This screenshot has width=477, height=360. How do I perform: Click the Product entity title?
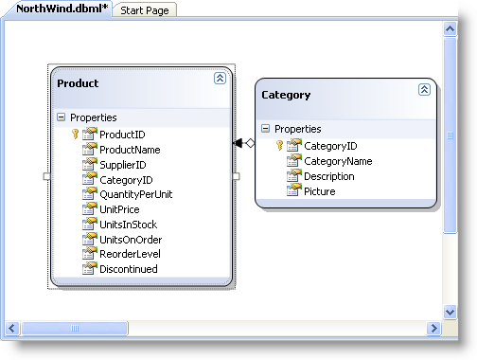coord(78,83)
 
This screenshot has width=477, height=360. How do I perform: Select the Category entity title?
coord(285,95)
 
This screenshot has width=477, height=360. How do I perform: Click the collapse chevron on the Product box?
coord(220,79)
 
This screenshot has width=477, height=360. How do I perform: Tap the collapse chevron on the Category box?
coord(424,89)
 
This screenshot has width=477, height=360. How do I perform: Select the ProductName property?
coord(130,150)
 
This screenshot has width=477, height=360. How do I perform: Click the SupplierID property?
coord(124,165)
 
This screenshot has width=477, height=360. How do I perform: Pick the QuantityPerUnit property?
coord(135,194)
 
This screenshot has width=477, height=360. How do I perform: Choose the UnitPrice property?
coord(119,209)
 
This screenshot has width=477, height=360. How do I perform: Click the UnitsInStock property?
coord(128,225)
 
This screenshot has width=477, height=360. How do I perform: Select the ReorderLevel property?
coord(129,254)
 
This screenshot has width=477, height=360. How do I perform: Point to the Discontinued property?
coord(129,269)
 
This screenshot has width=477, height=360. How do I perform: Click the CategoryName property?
coord(337,161)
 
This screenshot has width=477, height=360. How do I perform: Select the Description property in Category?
coord(329,176)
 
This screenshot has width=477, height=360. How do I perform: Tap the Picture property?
coord(319,191)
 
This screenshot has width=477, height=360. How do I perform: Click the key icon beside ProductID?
coord(76,135)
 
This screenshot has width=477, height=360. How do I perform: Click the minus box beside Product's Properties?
coord(62,118)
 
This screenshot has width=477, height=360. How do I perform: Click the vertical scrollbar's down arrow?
coord(450,311)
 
